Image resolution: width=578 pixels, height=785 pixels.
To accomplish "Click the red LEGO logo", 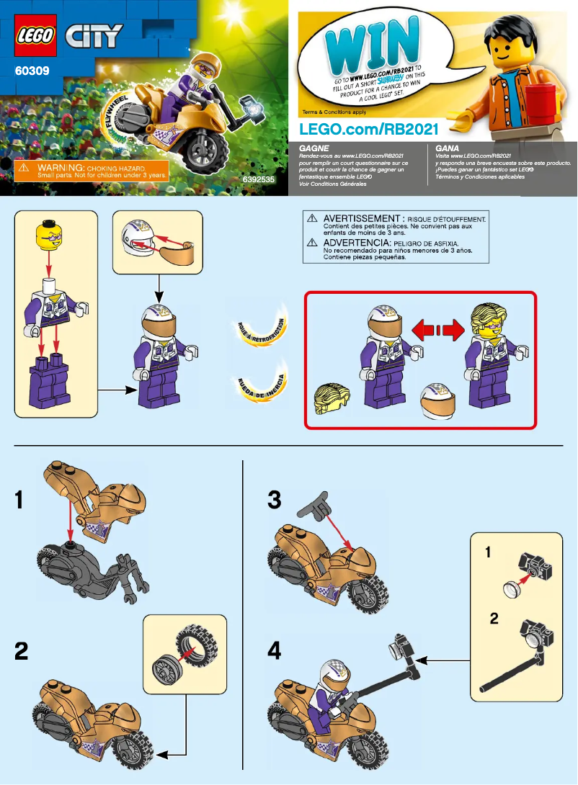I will [x=35, y=35].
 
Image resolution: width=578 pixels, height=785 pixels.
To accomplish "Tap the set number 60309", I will [x=33, y=71].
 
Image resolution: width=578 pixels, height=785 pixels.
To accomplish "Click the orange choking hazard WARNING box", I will [x=91, y=171].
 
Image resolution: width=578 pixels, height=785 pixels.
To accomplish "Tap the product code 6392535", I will [x=259, y=178].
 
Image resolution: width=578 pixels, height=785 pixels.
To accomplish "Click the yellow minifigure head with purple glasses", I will [x=49, y=235].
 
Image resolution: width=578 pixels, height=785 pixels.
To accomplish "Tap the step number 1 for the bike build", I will [x=22, y=499].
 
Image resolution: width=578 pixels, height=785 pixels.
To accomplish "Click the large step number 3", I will [x=274, y=499].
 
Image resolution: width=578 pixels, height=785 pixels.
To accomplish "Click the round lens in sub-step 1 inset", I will [x=512, y=588].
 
